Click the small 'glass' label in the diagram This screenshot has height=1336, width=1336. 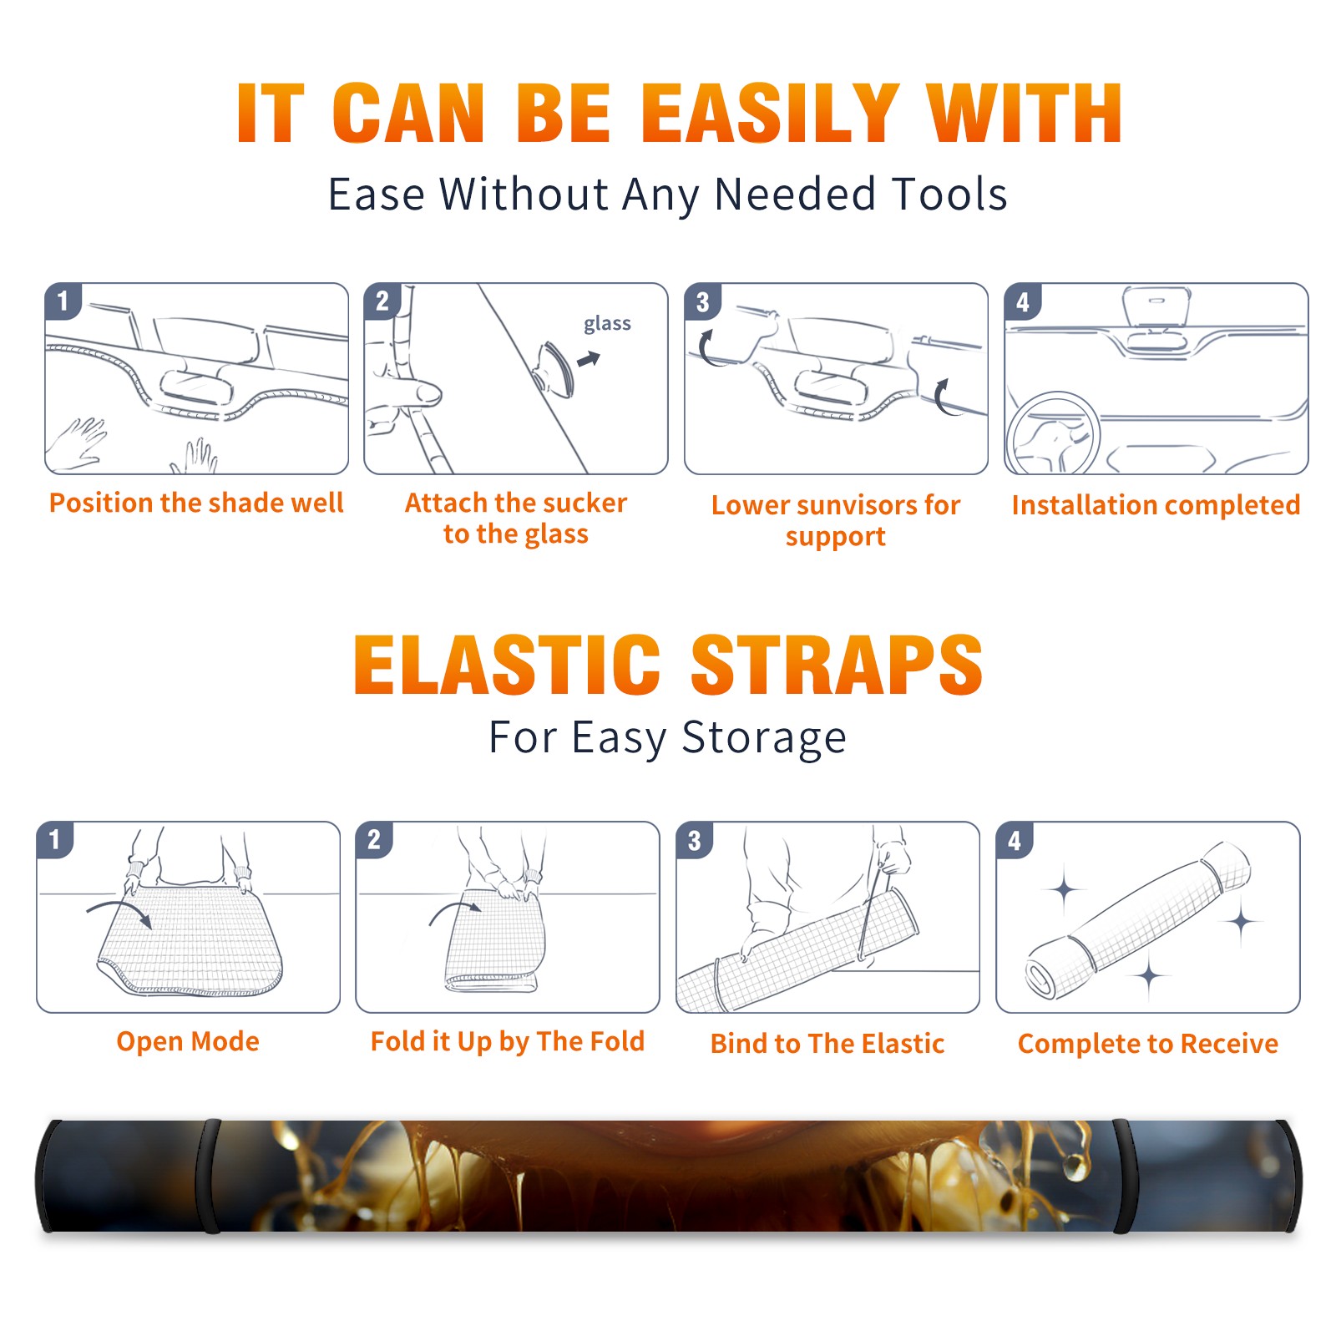[607, 324]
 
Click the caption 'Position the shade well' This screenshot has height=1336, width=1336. [196, 503]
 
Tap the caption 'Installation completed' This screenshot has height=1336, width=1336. [1156, 505]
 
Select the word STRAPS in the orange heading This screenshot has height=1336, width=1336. [837, 665]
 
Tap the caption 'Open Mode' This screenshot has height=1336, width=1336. [188, 1041]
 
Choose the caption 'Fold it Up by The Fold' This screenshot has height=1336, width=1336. [508, 1041]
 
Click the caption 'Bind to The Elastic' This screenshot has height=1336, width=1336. [827, 1044]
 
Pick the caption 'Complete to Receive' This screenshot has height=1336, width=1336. [1148, 1044]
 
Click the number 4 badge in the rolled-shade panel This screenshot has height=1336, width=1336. [1015, 840]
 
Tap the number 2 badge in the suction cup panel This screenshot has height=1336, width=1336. [382, 301]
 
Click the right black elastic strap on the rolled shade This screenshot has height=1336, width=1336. [1124, 1176]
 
